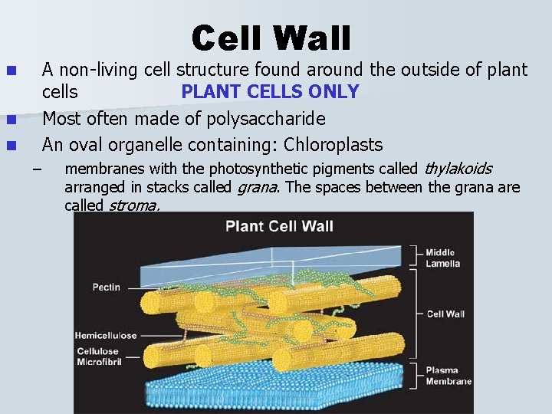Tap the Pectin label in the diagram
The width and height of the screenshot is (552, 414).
click(x=106, y=287)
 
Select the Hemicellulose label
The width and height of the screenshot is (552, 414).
click(x=106, y=335)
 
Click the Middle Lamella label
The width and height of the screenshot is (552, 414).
click(x=443, y=258)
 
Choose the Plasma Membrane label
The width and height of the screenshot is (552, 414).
click(x=448, y=375)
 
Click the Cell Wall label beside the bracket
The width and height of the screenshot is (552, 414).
click(x=445, y=314)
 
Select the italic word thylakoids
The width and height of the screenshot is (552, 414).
click(x=458, y=169)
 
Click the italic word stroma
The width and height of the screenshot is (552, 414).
click(x=134, y=205)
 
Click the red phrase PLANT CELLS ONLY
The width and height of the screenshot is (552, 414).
click(x=270, y=92)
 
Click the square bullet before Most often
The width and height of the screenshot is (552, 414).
click(x=11, y=120)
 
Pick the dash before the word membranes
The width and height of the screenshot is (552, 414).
click(x=35, y=169)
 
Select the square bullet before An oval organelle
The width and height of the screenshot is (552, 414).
click(x=11, y=146)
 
